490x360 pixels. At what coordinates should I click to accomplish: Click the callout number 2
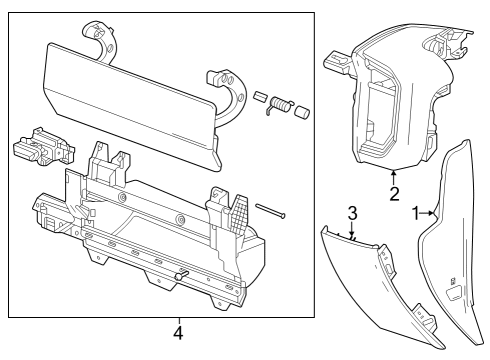(x=394, y=193)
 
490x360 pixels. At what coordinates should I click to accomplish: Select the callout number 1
(x=417, y=212)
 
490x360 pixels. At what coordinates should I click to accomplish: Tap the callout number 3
(x=351, y=213)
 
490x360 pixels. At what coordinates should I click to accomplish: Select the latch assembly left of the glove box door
(x=43, y=147)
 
